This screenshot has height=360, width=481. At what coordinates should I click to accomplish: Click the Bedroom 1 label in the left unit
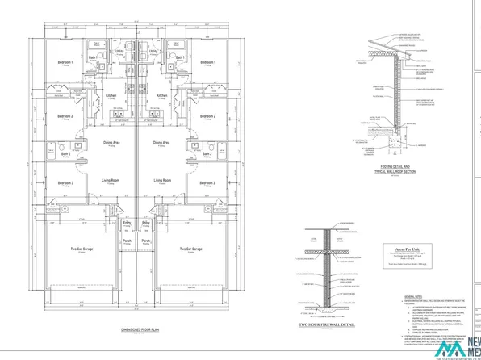pyautogui.click(x=65, y=62)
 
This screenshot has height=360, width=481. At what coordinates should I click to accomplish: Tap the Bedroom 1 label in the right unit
pyautogui.click(x=207, y=62)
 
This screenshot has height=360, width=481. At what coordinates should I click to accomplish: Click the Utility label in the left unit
pyautogui.click(x=119, y=51)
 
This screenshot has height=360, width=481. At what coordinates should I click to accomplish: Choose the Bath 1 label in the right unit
pyautogui.click(x=180, y=58)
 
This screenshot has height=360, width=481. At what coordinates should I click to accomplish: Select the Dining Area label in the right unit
pyautogui.click(x=161, y=142)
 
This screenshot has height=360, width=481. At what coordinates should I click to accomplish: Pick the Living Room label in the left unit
pyautogui.click(x=111, y=181)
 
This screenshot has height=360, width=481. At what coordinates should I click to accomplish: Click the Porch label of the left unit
pyautogui.click(x=127, y=241)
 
